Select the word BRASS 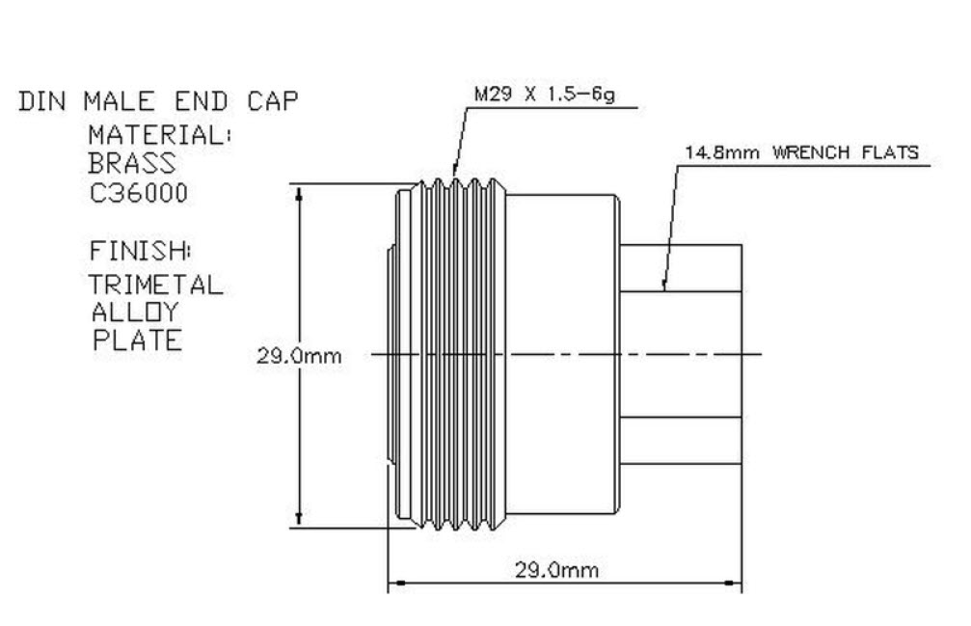point(133,164)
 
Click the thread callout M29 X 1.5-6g point(545,96)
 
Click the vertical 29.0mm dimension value point(299,356)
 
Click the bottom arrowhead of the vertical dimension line point(299,520)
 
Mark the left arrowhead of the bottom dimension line point(393,583)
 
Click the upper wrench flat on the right point(680,268)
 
